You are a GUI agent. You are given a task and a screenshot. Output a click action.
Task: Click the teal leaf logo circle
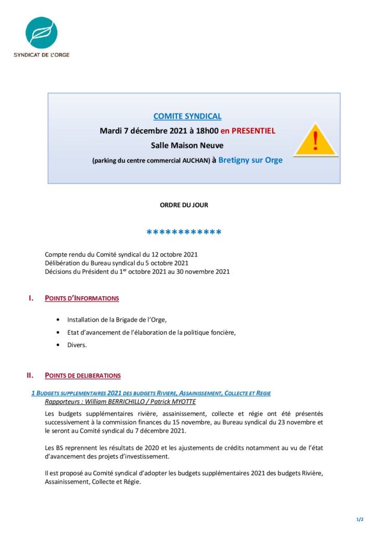(x=41, y=33)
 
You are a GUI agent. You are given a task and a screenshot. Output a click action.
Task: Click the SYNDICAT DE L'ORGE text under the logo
(x=41, y=55)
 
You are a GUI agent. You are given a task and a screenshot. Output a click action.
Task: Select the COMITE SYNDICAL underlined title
(x=187, y=117)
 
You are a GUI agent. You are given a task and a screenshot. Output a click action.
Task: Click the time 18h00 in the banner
(x=207, y=131)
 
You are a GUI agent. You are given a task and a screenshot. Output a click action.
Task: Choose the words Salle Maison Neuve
(x=187, y=145)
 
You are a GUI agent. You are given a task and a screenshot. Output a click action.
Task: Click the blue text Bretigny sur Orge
(x=250, y=160)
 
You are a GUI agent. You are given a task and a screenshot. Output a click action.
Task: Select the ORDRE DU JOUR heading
(x=184, y=205)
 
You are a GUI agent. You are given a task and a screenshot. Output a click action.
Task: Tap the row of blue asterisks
(x=184, y=232)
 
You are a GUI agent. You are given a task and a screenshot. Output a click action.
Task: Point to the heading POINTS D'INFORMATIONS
(x=82, y=298)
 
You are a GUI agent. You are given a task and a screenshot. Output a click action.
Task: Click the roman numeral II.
(x=30, y=375)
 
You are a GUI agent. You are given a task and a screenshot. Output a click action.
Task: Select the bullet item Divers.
(x=77, y=345)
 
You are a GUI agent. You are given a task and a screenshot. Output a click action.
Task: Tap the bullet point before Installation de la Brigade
(x=57, y=319)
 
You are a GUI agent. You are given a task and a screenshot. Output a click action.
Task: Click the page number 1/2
(x=359, y=519)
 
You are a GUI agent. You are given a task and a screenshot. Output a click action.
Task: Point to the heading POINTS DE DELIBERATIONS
(x=83, y=375)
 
